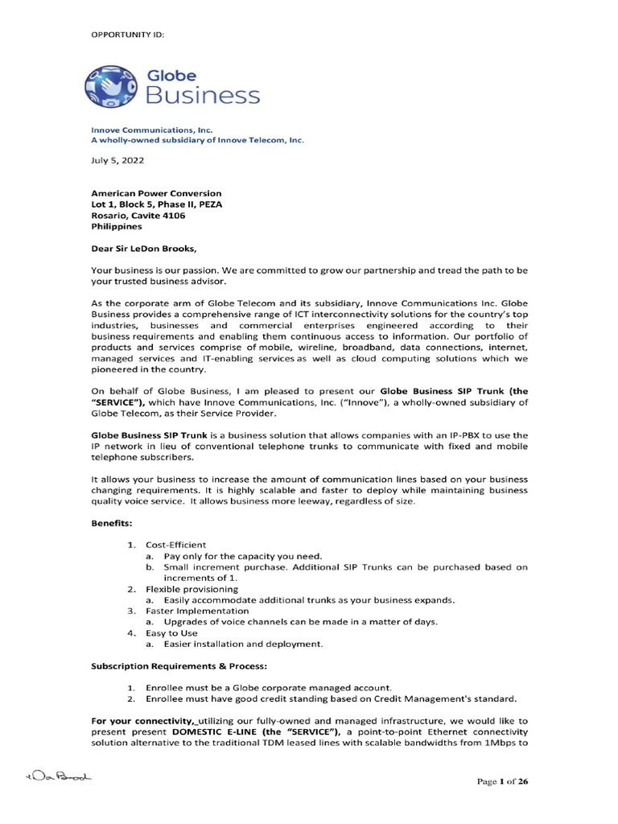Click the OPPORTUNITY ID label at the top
[x=130, y=34]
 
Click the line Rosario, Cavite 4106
[x=142, y=215]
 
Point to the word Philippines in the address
[x=114, y=226]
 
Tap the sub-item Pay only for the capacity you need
[x=242, y=556]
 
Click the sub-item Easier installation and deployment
[x=242, y=644]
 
